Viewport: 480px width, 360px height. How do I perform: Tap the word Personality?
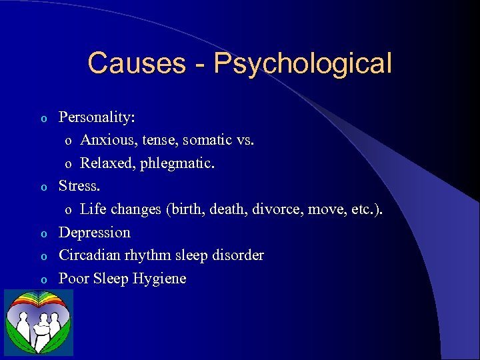(x=97, y=117)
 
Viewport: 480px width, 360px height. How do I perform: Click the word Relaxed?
(x=106, y=163)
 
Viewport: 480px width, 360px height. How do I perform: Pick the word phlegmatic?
(x=177, y=164)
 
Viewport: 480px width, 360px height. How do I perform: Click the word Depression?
(x=95, y=233)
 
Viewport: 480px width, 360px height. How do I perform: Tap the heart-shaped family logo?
(x=38, y=323)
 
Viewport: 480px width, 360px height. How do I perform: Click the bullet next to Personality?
(x=44, y=119)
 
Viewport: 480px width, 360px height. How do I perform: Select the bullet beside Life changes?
(x=67, y=211)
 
